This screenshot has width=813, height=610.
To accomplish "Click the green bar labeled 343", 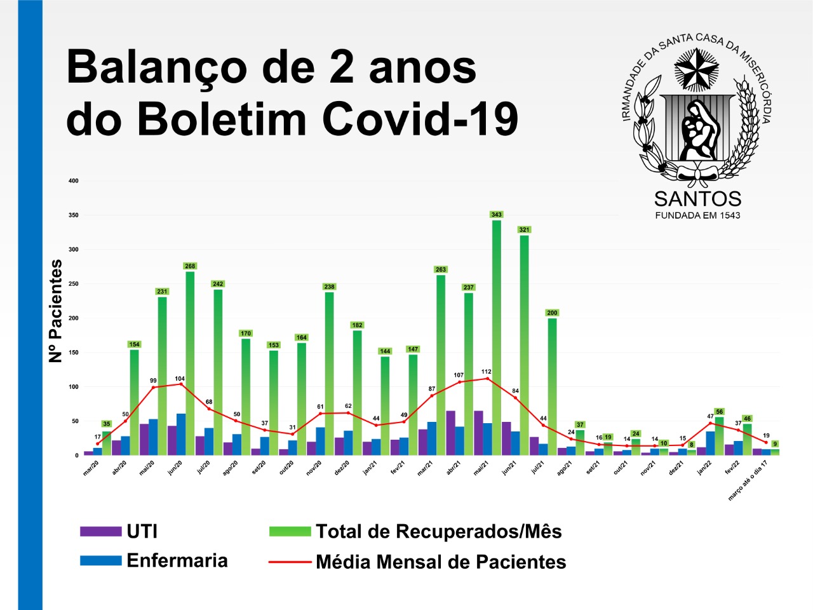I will coord(496,337).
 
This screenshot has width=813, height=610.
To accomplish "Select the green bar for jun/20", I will coord(190,362).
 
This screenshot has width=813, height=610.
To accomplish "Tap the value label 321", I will coord(524,229).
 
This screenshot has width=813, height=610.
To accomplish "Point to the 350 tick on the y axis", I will coord(74,215).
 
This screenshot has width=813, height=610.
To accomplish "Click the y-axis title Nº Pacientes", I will coord(56,311).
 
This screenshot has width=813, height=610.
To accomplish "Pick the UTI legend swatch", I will coord(100,531).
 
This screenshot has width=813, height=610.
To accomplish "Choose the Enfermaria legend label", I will coord(177,560).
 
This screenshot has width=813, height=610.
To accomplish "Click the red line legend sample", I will coord(290,562).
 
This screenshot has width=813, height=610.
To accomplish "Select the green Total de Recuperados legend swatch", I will coord(290,531).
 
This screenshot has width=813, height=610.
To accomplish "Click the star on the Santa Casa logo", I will coord(696,69).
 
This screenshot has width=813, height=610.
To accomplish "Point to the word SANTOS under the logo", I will coord(697,199).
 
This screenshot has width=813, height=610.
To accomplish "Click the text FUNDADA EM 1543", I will coord(697,215).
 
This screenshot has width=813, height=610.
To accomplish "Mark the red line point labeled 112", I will coord(487,379).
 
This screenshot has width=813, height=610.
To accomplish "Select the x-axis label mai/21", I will coord(481,468).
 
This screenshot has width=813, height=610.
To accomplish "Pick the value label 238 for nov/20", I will coord(329,287).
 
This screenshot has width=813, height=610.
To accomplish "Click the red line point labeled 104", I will coord(181,384).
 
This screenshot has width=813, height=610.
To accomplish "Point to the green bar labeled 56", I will coord(719,435).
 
